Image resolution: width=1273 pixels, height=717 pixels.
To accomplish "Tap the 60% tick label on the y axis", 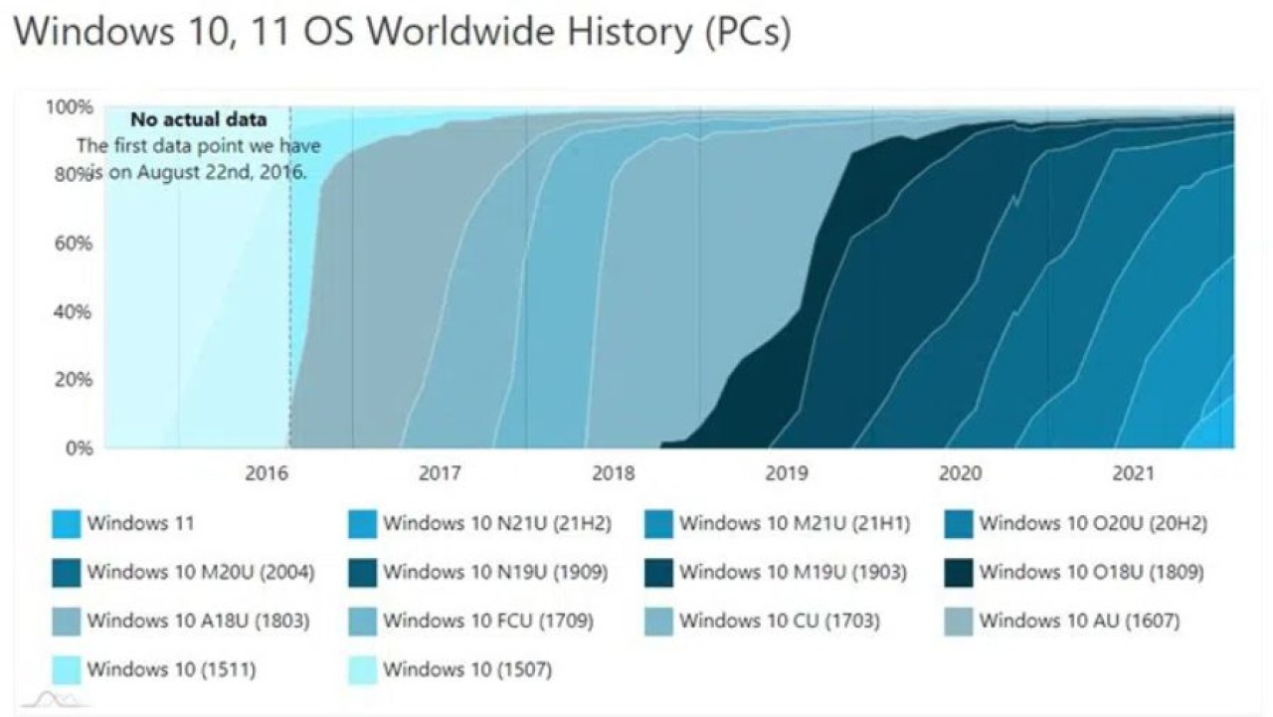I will tap(72, 243).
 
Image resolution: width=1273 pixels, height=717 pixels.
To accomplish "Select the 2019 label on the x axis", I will tap(786, 473).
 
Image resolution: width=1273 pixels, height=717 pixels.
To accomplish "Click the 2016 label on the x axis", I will tap(267, 473).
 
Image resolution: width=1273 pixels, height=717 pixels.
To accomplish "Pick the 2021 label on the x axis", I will tap(1133, 473).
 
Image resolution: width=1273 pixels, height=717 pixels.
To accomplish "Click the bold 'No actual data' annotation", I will tap(199, 120).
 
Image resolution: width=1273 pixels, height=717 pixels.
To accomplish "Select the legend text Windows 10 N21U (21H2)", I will tap(497, 523).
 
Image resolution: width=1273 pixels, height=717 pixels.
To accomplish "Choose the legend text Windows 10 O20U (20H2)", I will tap(1093, 523).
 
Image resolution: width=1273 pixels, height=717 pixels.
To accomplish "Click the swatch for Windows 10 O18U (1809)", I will tap(958, 573).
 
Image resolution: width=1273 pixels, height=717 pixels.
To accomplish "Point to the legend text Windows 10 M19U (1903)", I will tap(793, 573).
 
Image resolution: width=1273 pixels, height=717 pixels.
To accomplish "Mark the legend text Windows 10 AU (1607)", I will tap(1079, 622).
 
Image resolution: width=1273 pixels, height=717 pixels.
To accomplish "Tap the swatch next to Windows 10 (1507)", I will tap(362, 670).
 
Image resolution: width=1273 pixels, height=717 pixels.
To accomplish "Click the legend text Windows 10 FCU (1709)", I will tap(488, 622).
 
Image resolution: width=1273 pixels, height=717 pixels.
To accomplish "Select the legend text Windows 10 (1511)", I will tap(171, 670).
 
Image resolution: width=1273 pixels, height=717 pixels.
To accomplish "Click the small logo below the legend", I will tap(55, 700).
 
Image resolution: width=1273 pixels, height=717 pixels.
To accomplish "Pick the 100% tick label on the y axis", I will tap(69, 106).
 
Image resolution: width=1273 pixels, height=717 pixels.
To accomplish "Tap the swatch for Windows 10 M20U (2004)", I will tap(66, 573).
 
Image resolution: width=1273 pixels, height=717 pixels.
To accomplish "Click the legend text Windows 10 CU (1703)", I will tap(780, 622).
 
